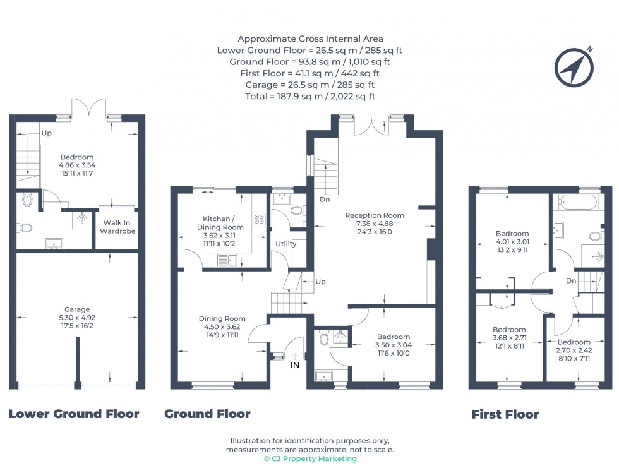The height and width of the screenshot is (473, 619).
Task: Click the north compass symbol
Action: click(574, 67)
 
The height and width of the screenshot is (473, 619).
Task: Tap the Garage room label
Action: click(77, 318)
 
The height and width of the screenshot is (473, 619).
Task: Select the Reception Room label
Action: click(375, 224)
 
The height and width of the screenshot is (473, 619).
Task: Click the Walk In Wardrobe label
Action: click(117, 227)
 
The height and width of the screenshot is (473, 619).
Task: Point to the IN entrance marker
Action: click(295, 365)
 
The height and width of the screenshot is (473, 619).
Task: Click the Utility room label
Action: click(285, 244)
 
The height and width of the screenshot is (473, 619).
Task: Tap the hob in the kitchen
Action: click(259, 219)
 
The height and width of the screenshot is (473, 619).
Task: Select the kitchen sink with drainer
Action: click(227, 260)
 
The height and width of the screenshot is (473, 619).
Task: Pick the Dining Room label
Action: click(222, 326)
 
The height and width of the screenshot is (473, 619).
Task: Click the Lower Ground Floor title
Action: click(74, 414)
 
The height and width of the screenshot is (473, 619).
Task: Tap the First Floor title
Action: click(505, 414)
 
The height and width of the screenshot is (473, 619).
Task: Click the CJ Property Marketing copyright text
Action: click(310, 458)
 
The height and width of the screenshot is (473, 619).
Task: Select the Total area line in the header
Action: click(310, 97)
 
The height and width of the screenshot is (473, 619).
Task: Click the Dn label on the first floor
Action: click(571, 281)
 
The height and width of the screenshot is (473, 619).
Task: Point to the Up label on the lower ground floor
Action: click(47, 133)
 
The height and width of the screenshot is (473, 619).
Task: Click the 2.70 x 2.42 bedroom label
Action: click(574, 350)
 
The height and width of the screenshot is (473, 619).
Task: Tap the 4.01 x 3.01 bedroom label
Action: click(512, 242)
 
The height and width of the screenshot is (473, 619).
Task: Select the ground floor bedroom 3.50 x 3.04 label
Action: click(393, 345)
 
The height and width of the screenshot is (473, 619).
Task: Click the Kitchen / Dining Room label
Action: click(220, 231)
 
